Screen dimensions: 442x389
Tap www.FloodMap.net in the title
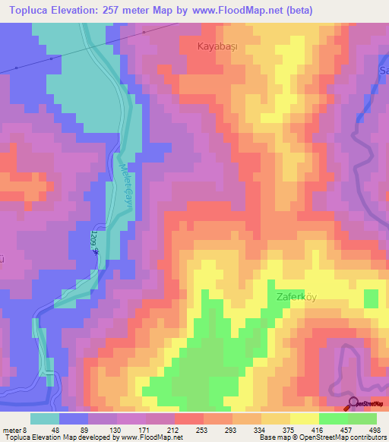(233, 9)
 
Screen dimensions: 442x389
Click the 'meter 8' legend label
(15, 429)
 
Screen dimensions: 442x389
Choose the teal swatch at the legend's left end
(45, 418)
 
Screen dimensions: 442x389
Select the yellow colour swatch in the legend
(304, 418)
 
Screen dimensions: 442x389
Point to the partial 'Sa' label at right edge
(384, 71)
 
